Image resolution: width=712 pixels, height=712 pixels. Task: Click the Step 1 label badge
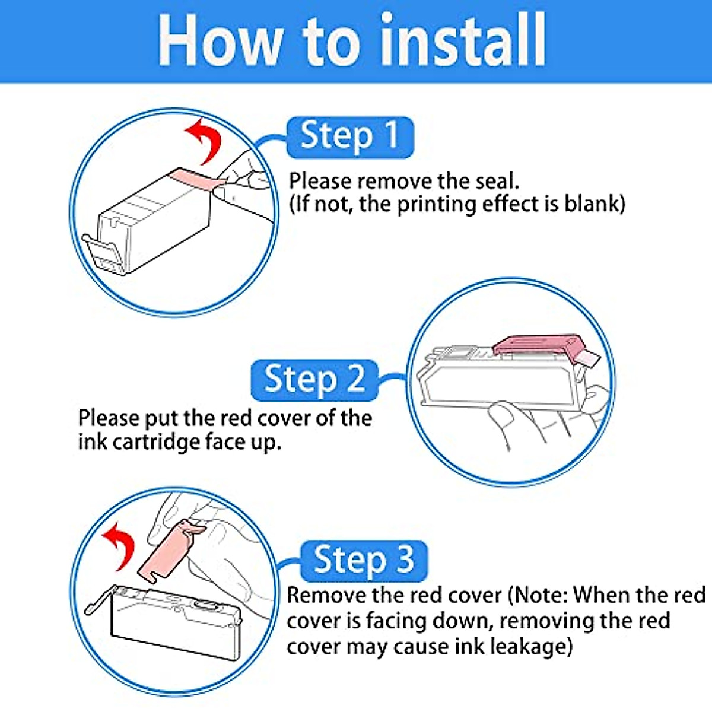[x=350, y=138]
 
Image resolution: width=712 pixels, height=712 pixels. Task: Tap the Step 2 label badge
[x=315, y=380]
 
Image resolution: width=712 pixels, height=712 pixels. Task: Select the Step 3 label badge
[x=364, y=561]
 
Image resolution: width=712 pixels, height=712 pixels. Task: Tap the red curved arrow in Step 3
[x=119, y=546]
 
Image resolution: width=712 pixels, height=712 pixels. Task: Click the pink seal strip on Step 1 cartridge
[x=198, y=179]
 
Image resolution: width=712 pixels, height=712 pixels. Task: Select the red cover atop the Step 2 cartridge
[x=543, y=348]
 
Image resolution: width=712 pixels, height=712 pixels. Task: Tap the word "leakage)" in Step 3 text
[x=532, y=647]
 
